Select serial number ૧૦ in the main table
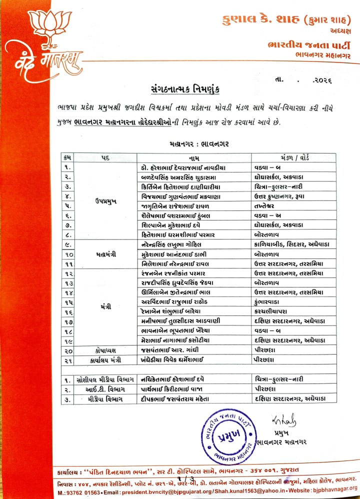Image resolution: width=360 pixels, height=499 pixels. pyautogui.click(x=68, y=254)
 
